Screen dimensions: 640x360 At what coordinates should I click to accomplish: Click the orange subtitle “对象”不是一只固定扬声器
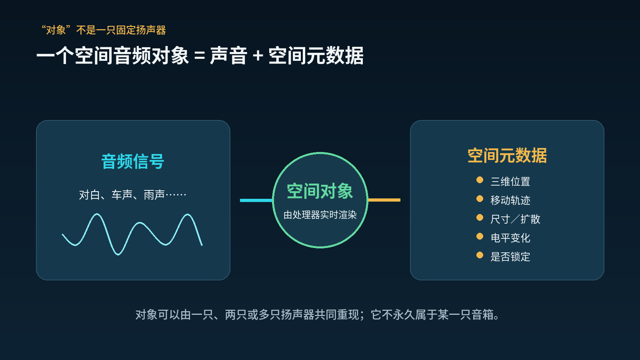104,30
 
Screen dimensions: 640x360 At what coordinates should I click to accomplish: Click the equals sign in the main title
200,56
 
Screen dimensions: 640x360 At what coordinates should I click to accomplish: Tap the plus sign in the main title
258,56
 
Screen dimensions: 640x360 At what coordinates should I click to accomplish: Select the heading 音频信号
133,162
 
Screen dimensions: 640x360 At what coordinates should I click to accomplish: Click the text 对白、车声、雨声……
133,195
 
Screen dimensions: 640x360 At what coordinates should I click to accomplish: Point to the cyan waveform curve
132,234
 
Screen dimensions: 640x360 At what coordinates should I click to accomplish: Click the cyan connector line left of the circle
256,200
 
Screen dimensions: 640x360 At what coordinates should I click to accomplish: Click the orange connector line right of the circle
384,200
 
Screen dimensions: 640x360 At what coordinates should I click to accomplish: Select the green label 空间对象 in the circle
320,191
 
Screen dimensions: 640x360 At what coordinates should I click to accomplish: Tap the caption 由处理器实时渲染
320,215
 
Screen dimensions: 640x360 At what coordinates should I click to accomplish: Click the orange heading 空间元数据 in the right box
507,156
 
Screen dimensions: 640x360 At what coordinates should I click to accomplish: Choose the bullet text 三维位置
510,182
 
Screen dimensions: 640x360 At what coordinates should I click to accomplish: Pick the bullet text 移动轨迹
510,200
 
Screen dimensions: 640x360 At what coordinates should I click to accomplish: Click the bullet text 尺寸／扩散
515,219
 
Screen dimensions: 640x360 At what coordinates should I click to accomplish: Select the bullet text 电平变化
510,238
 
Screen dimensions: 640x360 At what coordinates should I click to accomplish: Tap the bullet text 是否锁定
510,256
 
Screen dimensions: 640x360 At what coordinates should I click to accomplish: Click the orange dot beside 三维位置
480,180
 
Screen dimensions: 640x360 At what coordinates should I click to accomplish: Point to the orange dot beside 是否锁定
480,255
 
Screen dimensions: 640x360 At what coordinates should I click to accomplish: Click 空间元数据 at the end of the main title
316,56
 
